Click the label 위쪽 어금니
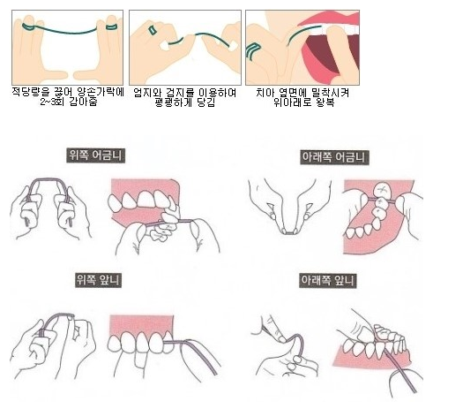(95, 155)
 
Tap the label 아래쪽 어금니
(334, 157)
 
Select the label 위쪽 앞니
(98, 280)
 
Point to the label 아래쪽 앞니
(328, 280)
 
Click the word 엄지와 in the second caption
(146, 93)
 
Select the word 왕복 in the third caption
(325, 102)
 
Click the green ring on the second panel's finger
(153, 30)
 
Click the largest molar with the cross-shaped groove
(382, 189)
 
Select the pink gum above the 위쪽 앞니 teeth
(141, 325)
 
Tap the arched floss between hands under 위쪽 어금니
(49, 179)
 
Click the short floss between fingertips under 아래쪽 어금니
(289, 233)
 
